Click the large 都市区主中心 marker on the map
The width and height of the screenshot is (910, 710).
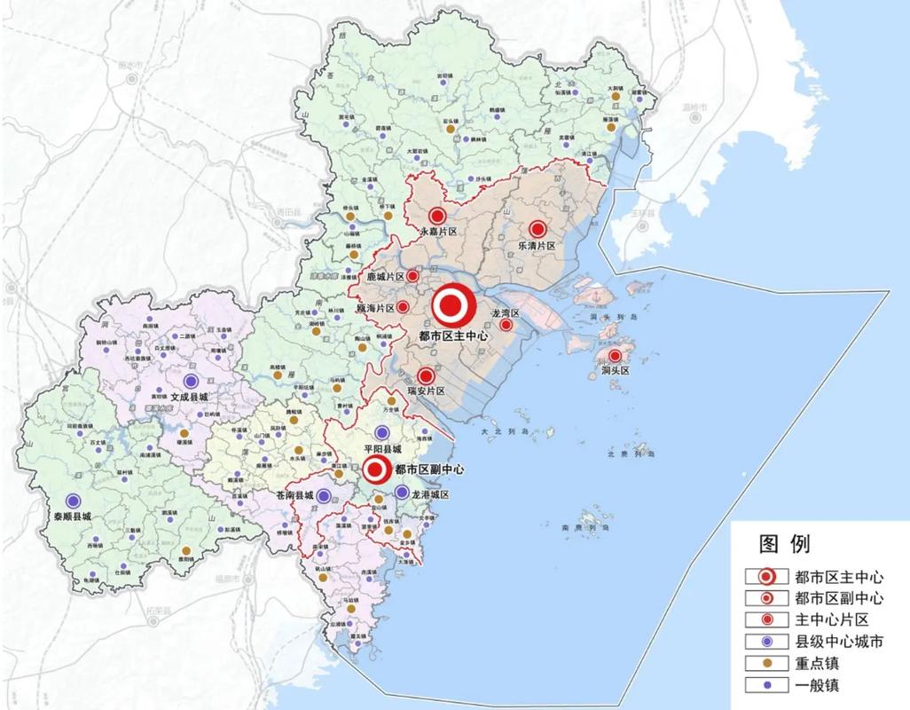453,306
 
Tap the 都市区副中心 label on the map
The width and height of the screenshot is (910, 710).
429,469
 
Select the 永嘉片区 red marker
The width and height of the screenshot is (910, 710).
436,216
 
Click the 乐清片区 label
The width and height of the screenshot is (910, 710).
537,245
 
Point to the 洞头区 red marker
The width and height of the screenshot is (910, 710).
614,356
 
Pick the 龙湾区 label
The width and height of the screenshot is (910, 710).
506,313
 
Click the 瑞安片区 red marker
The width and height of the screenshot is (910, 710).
427,375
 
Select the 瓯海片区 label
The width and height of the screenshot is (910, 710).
374,307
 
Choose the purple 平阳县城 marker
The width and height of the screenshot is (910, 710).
382,433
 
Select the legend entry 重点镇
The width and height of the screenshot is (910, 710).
818,663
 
